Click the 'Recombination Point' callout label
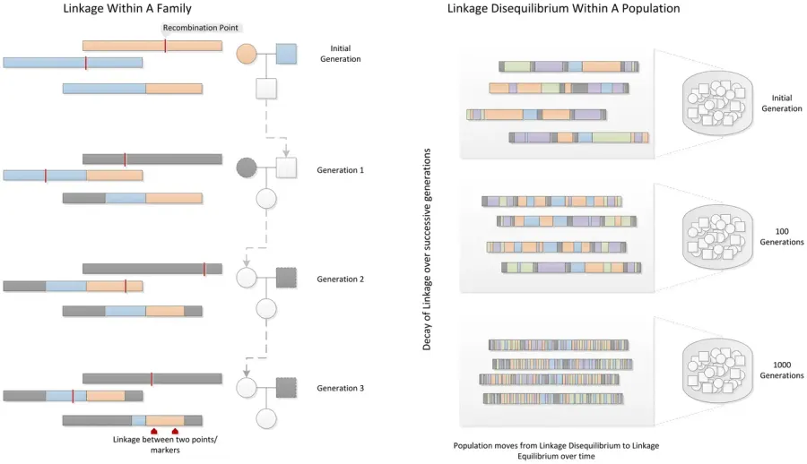pyautogui.click(x=201, y=28)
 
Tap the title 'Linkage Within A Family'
pyautogui.click(x=127, y=8)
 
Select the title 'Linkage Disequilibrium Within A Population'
pyautogui.click(x=563, y=8)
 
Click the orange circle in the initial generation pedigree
pyautogui.click(x=247, y=54)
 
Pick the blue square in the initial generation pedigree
pyautogui.click(x=286, y=54)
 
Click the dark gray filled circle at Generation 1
pyautogui.click(x=247, y=168)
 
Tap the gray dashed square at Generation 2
pyautogui.click(x=286, y=278)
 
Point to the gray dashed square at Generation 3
pyautogui.click(x=286, y=388)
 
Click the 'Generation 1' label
pyautogui.click(x=340, y=170)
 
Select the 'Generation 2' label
pyautogui.click(x=340, y=279)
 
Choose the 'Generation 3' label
pyautogui.click(x=340, y=388)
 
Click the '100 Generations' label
pyautogui.click(x=782, y=236)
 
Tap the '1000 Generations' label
pyautogui.click(x=782, y=370)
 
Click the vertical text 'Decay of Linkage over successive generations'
pyautogui.click(x=427, y=250)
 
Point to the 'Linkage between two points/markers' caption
pyautogui.click(x=165, y=444)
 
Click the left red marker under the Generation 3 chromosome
pyautogui.click(x=154, y=431)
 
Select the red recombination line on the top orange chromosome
pyautogui.click(x=165, y=46)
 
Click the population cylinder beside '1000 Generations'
pyautogui.click(x=717, y=370)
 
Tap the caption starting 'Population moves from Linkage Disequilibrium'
pyautogui.click(x=556, y=451)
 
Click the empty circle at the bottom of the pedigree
pyautogui.click(x=266, y=418)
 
